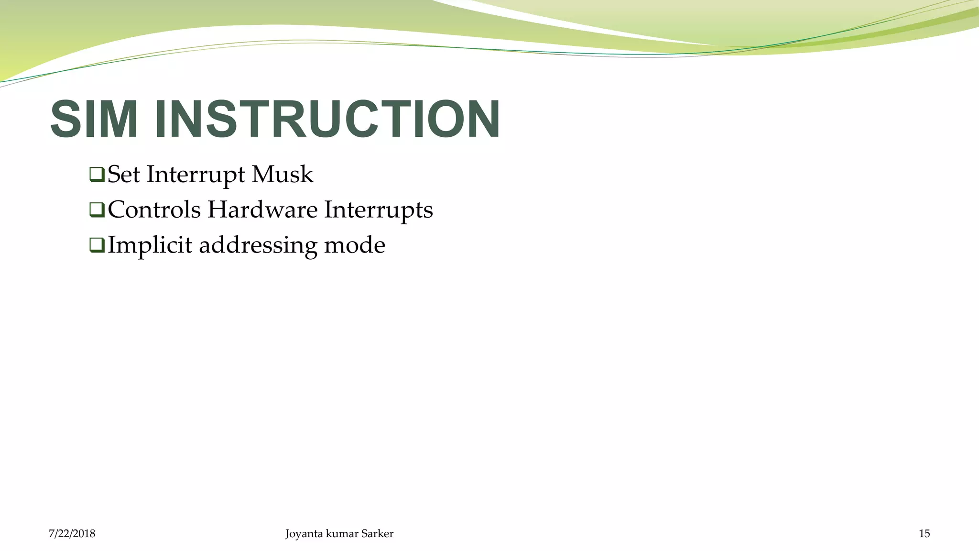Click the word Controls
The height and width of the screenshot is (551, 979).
pyautogui.click(x=154, y=209)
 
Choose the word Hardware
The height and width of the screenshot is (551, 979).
pyautogui.click(x=262, y=209)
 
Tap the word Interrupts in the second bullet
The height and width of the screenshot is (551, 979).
pyautogui.click(x=378, y=210)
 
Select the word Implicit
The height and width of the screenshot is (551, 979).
pyautogui.click(x=150, y=245)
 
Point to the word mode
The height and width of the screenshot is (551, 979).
pyautogui.click(x=354, y=245)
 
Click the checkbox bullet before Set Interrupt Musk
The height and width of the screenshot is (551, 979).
pyautogui.click(x=97, y=175)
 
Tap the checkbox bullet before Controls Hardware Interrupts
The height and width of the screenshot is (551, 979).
pyautogui.click(x=97, y=210)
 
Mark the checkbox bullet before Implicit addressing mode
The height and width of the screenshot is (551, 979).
pyautogui.click(x=97, y=245)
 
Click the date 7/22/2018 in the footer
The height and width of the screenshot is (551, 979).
pyautogui.click(x=72, y=534)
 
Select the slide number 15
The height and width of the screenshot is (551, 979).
pyautogui.click(x=924, y=534)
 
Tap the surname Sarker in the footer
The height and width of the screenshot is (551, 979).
pyautogui.click(x=377, y=534)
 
